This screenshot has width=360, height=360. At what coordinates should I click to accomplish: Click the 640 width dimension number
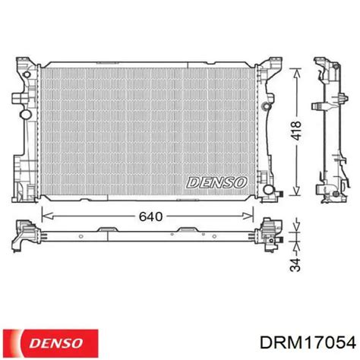151,217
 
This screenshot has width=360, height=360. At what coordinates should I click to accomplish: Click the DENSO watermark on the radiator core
215,183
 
